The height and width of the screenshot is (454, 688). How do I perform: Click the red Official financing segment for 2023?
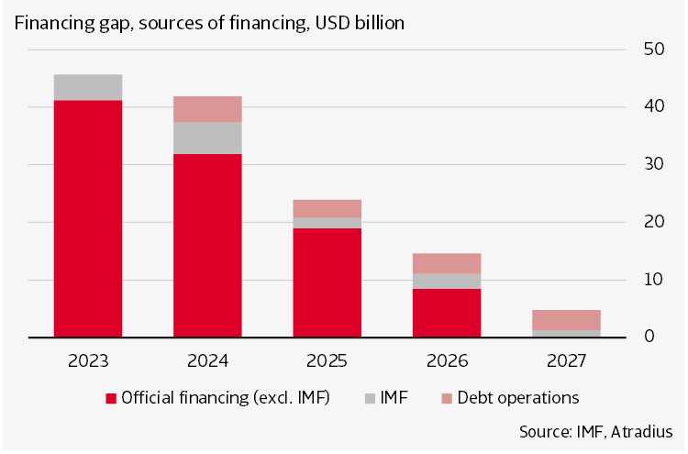(88, 218)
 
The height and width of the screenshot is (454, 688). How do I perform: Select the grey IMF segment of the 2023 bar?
(88, 87)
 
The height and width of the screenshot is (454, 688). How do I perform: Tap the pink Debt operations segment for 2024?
(207, 109)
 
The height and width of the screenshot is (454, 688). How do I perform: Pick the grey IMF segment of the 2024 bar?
(207, 138)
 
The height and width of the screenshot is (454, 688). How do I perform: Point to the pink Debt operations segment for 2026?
(446, 263)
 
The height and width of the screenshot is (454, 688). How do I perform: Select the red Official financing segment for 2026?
(446, 313)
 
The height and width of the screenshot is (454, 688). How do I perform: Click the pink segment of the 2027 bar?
(565, 320)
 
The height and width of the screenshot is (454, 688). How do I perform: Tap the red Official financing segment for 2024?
(207, 245)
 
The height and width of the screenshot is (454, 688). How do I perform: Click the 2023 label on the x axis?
(88, 360)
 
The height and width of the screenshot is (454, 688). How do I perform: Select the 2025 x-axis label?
(327, 360)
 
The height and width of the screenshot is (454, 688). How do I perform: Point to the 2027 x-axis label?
(565, 360)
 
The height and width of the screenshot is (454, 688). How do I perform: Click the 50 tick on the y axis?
(651, 49)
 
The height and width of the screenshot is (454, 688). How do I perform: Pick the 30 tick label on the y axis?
(651, 164)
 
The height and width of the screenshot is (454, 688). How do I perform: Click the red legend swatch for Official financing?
(112, 398)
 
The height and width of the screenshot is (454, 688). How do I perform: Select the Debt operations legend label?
(518, 398)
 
